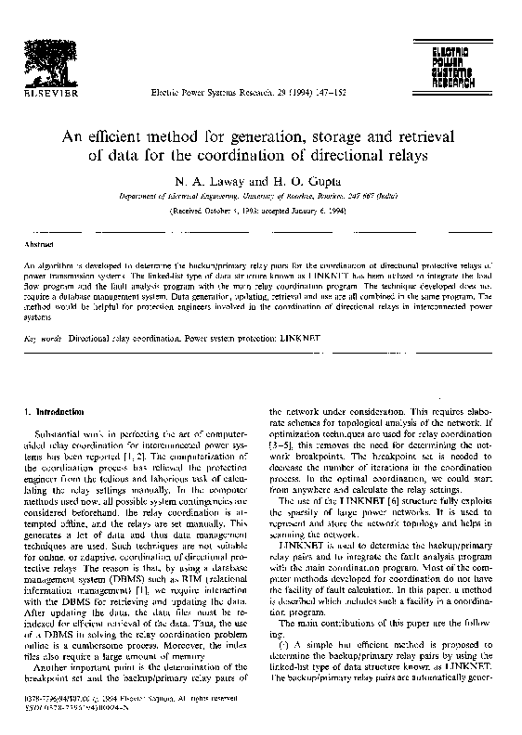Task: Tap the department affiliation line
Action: point(261,198)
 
